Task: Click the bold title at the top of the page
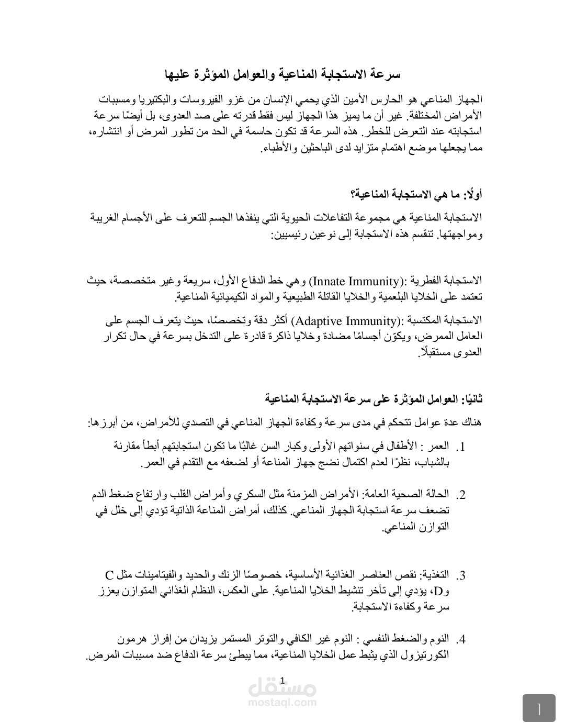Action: coord(282,74)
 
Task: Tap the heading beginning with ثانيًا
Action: coord(374,399)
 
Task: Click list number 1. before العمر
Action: coord(460,447)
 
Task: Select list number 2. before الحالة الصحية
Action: coord(460,495)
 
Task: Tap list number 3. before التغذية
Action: coord(460,576)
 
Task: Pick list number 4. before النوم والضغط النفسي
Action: coord(460,640)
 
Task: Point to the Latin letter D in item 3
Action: coord(438,592)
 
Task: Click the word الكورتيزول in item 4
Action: coord(427,655)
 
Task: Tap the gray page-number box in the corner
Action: coord(539,708)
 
